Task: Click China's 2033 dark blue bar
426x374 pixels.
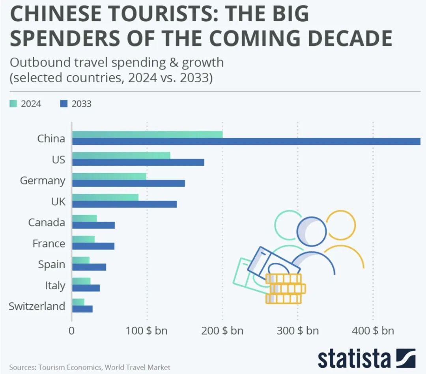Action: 246,141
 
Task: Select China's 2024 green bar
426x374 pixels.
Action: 147,134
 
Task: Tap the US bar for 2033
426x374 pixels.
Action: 138,162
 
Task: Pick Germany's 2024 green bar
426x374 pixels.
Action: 109,176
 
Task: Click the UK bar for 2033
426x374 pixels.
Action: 124,204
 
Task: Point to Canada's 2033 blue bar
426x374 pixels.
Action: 93,225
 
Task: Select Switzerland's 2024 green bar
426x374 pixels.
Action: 78,302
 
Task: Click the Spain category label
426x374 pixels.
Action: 52,264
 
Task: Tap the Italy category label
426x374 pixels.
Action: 55,285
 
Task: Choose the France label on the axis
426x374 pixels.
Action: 49,243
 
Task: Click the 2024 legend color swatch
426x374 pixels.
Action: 14,104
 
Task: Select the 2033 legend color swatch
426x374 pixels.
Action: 64,104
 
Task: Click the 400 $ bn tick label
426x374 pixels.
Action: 373,330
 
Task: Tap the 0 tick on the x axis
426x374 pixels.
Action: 72,330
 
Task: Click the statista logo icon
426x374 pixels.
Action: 406,358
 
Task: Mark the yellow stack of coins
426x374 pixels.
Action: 285,289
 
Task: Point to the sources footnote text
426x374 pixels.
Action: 90,367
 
